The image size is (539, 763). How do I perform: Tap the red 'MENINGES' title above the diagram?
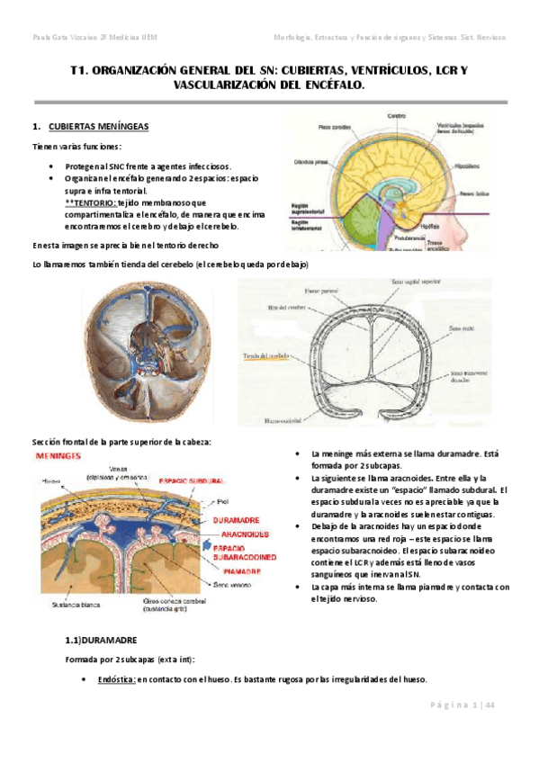pos(60,456)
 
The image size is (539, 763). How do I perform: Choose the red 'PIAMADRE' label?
pos(239,570)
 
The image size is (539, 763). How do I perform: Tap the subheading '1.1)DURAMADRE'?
pos(102,641)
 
